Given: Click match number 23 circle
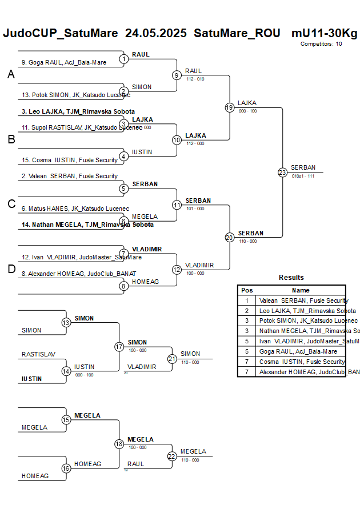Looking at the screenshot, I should tap(282, 173).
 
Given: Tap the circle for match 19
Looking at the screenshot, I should tap(229, 107).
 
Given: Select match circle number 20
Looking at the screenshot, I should tap(229, 237).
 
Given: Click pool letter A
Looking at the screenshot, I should tap(11, 74).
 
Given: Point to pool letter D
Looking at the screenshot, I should tap(11, 269).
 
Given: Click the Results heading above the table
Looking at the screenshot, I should tap(291, 278).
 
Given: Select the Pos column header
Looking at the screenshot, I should tap(247, 290).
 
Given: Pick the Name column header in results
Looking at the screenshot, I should tap(301, 290).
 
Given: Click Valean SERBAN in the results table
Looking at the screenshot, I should tap(303, 300).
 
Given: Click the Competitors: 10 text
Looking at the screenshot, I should tap(321, 43).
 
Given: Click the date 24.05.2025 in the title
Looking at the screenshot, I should tap(155, 33).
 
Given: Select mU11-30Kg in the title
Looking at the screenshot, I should tap(324, 33).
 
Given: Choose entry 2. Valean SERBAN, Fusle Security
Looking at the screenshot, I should tap(69, 176).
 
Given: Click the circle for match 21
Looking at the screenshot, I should tap(172, 359).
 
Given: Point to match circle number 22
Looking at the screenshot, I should tap(172, 456).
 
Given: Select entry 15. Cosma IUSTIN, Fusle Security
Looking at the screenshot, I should tap(69, 160).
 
